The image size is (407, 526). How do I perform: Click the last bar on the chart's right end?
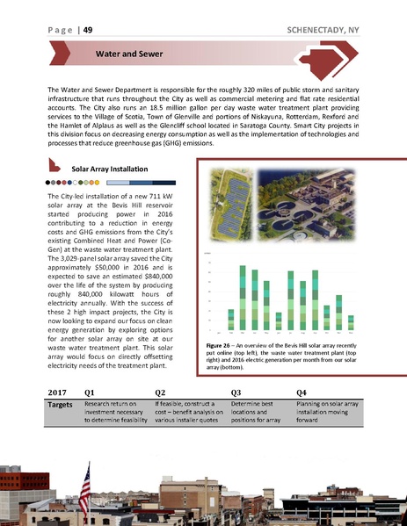350,323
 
